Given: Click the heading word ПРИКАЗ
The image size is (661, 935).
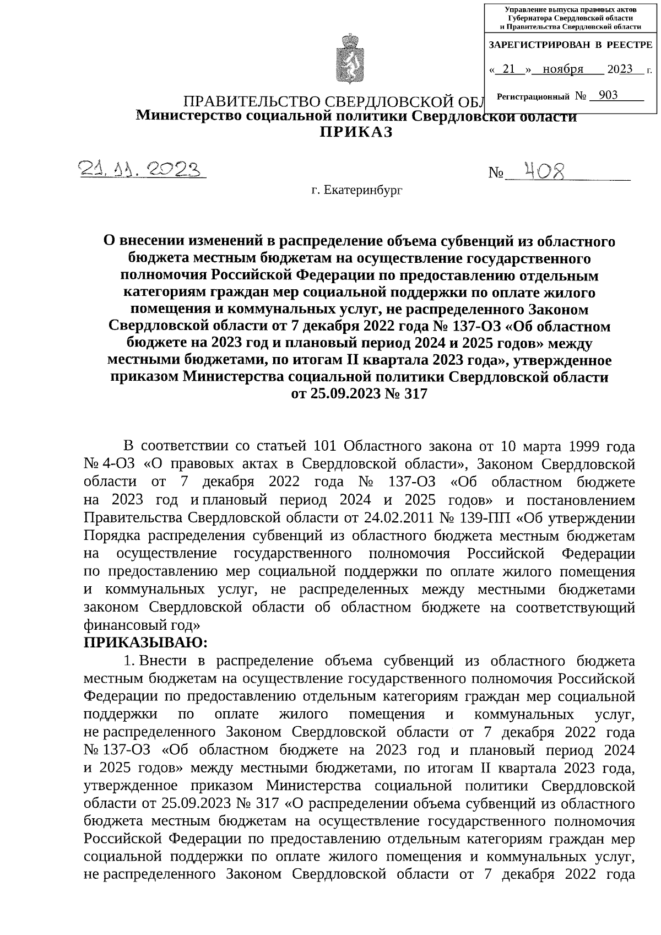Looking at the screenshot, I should [x=357, y=132].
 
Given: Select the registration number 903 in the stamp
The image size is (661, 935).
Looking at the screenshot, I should [x=608, y=95].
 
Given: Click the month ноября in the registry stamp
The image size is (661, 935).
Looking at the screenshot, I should [x=562, y=69].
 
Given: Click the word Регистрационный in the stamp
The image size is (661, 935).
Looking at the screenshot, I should [x=533, y=97].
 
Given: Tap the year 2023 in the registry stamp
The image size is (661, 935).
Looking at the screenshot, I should [x=620, y=69].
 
